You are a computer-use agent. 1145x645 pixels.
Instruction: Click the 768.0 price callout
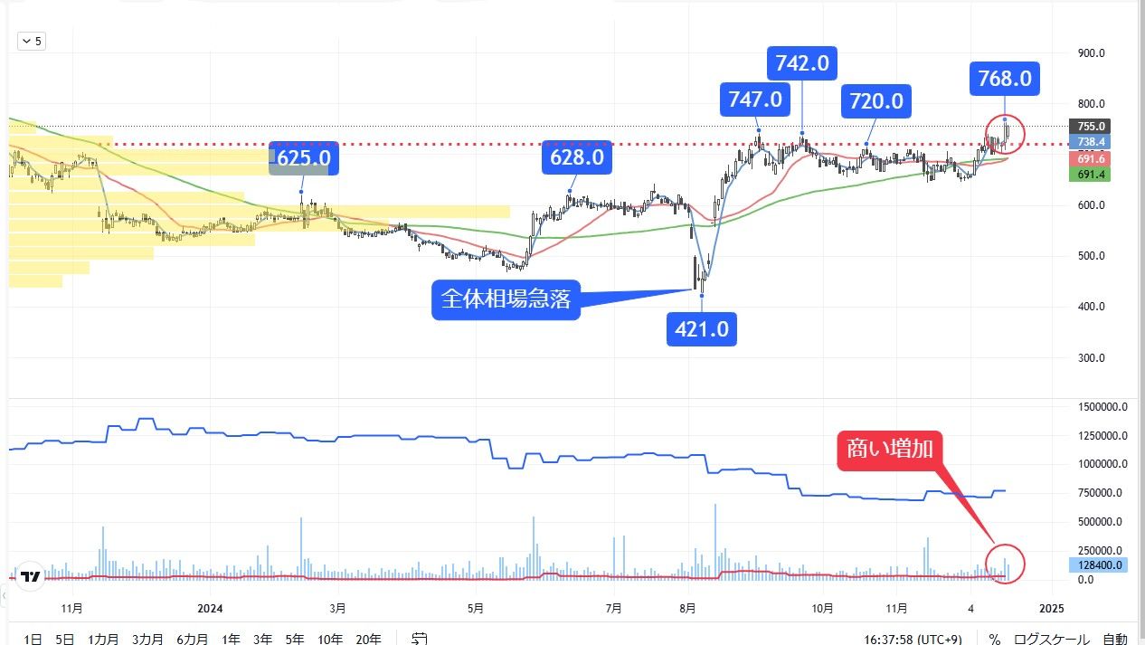tap(1004, 79)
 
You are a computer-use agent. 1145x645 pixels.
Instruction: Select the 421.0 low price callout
tap(702, 329)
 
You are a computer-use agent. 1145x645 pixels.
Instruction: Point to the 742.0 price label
tap(802, 62)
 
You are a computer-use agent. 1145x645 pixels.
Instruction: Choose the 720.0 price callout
tap(875, 101)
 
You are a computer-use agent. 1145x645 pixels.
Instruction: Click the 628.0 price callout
tap(577, 157)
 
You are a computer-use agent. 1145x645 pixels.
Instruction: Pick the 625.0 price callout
tap(304, 157)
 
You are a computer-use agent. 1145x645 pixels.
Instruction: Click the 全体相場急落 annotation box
tap(506, 300)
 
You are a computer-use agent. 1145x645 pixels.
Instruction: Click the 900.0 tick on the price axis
tap(1092, 52)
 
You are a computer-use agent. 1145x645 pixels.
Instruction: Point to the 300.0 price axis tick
tap(1092, 357)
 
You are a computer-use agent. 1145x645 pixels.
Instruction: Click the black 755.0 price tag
tap(1092, 127)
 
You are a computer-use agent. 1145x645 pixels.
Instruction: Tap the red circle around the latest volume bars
tap(1007, 562)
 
